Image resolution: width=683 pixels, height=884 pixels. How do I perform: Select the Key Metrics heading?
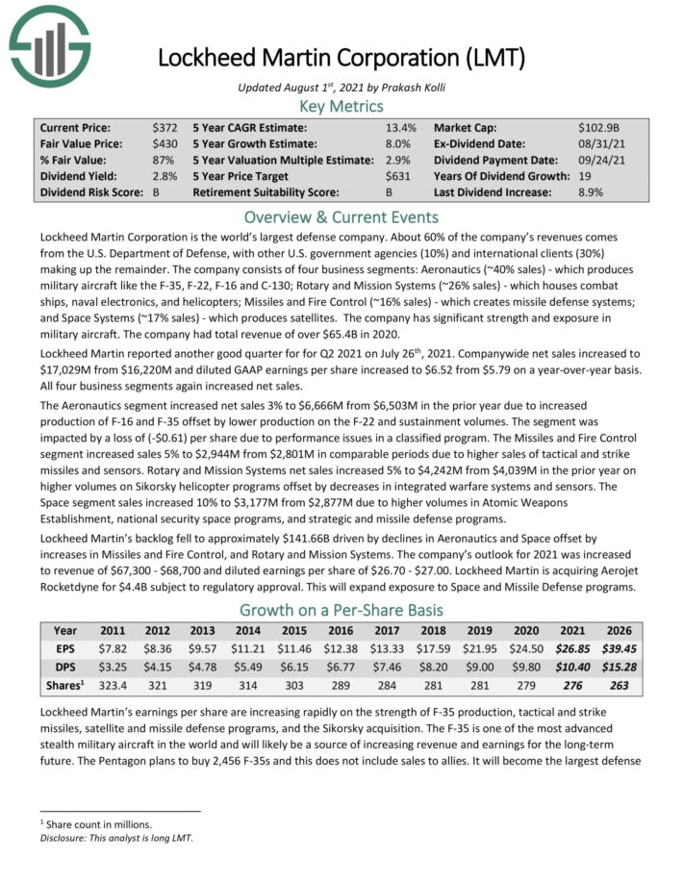point(341,106)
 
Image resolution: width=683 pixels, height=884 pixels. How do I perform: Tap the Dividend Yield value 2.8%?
point(164,176)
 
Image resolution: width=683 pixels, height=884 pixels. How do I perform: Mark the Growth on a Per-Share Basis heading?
point(341,610)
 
